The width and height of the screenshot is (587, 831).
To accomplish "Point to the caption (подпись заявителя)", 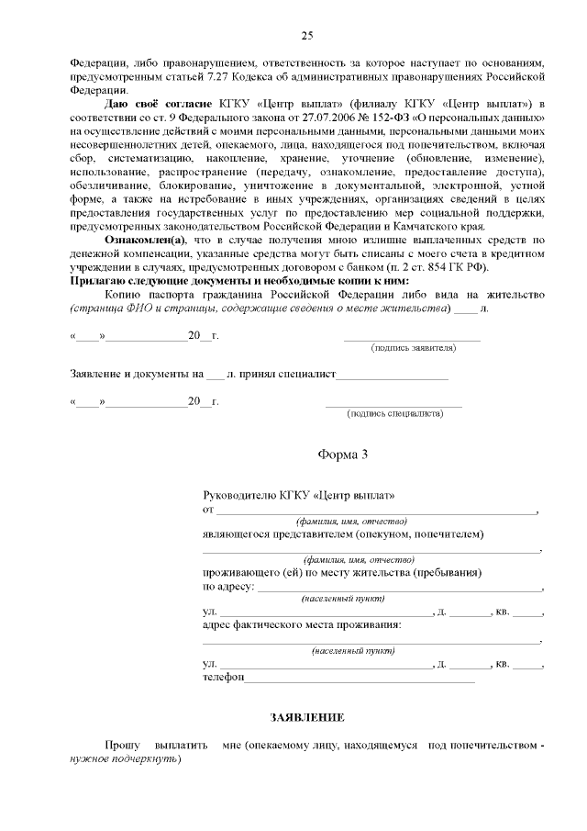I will click(413, 349).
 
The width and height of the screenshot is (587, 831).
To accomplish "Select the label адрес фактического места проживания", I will click(301, 625).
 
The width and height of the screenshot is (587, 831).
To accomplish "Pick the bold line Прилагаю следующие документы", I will click(239, 280).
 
